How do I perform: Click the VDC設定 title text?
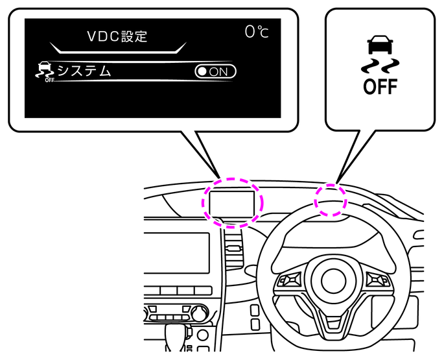[117, 36]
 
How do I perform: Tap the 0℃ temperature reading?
[257, 32]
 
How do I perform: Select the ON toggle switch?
[215, 71]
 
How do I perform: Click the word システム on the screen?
[84, 71]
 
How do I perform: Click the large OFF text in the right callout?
[380, 86]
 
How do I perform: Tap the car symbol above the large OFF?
[380, 45]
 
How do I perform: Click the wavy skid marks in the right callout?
[380, 66]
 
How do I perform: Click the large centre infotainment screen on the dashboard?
[177, 253]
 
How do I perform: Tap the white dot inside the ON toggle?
[202, 71]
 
